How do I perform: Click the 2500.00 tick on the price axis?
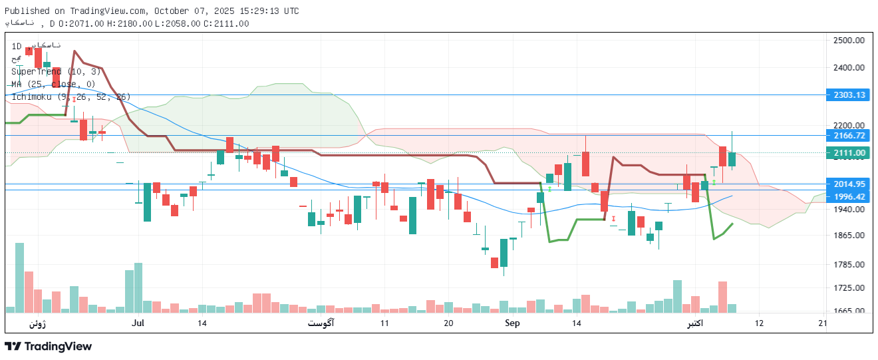[x=848, y=41]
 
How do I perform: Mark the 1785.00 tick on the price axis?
[x=848, y=265]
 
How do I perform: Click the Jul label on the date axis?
[x=138, y=323]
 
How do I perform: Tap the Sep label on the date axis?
[x=512, y=323]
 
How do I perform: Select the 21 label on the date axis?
[x=823, y=323]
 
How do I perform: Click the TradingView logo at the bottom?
[x=48, y=347]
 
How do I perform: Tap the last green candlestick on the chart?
[x=732, y=158]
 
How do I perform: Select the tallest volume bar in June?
[x=19, y=277]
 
